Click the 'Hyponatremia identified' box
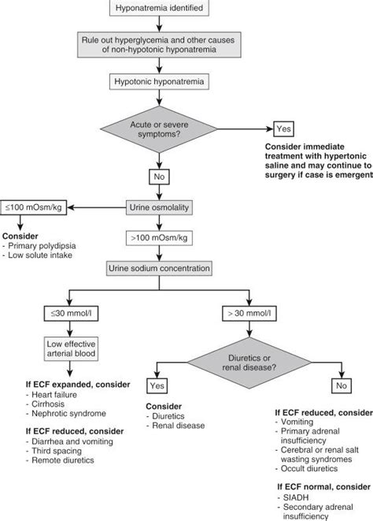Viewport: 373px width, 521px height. coord(161,9)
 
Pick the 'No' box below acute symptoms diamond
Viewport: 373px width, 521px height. coord(161,175)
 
